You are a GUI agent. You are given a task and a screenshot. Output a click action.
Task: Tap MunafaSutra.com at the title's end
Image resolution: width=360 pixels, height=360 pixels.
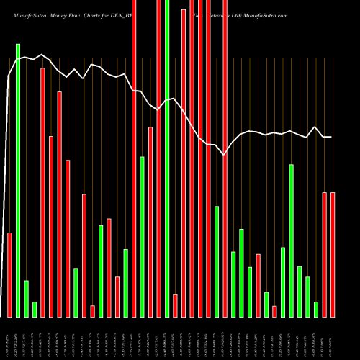(266, 14)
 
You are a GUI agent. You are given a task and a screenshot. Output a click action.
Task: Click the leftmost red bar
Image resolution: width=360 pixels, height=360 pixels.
(9, 274)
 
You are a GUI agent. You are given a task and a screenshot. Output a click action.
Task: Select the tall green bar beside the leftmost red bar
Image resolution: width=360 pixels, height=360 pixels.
(18, 180)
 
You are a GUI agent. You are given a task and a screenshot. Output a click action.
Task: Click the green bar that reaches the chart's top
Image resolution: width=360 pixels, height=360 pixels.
(167, 158)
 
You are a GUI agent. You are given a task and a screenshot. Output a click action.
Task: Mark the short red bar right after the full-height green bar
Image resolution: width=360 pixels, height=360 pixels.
(175, 305)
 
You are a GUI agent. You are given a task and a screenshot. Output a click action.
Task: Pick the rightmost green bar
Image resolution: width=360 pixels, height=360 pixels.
(316, 309)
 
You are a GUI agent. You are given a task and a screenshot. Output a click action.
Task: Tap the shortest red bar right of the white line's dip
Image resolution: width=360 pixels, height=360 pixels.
(274, 311)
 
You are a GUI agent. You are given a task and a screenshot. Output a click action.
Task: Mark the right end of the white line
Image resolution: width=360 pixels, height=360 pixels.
(331, 137)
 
